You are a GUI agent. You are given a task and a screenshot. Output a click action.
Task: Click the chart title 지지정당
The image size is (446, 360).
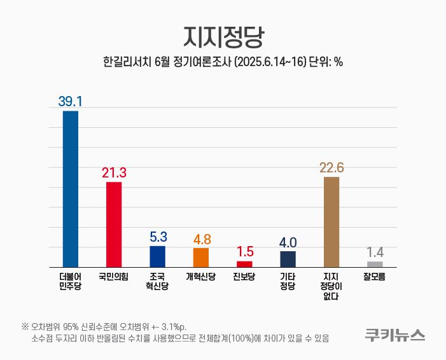223,36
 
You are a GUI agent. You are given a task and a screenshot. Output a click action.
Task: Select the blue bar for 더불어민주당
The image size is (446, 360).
70,189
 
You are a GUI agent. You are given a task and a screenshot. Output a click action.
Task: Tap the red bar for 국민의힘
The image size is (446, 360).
114,225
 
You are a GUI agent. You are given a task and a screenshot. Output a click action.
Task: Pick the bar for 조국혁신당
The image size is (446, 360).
157,256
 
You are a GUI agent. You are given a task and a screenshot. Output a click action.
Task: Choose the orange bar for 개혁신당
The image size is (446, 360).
201,258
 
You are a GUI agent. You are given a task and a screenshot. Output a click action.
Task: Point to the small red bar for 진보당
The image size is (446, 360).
244,264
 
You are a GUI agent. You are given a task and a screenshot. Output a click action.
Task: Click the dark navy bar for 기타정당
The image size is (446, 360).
288,259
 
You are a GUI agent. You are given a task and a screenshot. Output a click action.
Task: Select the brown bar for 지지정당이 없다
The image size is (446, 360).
331,222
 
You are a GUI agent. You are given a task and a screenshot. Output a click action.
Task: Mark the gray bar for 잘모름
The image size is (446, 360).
375,264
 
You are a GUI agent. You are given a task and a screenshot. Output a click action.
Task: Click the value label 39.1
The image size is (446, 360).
71,102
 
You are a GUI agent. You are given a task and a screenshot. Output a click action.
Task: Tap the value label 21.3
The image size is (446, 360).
114,172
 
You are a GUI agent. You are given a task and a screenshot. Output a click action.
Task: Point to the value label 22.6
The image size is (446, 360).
331,167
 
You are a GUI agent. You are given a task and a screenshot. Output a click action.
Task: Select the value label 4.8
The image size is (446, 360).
201,239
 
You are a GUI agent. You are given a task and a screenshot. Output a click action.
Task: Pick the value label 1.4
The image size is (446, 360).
375,253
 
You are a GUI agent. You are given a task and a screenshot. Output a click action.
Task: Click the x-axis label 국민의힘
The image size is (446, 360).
114,277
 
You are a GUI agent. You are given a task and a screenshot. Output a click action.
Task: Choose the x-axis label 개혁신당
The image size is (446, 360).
201,277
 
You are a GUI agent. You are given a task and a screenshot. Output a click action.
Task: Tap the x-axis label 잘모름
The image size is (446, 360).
375,277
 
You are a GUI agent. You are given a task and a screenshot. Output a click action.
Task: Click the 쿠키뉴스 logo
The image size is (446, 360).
394,335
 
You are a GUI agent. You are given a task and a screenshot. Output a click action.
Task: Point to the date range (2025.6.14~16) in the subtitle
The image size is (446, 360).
270,62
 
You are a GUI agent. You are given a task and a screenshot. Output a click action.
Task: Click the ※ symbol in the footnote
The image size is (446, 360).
25,326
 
